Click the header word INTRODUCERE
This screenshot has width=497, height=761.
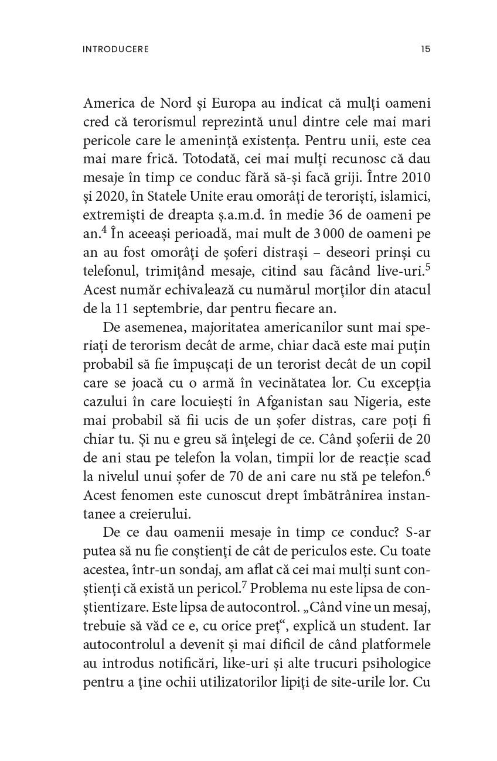pos(116,49)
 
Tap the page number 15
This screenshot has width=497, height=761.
pos(425,49)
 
